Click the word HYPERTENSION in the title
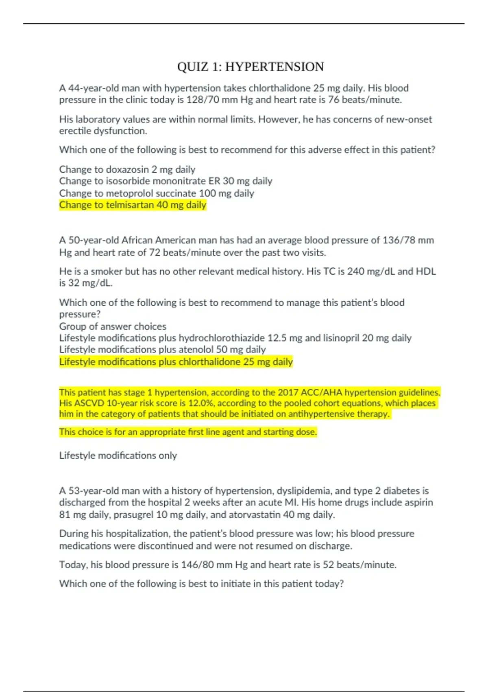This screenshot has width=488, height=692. click(274, 67)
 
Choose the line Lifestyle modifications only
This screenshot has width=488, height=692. click(118, 455)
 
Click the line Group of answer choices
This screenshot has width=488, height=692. click(113, 326)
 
